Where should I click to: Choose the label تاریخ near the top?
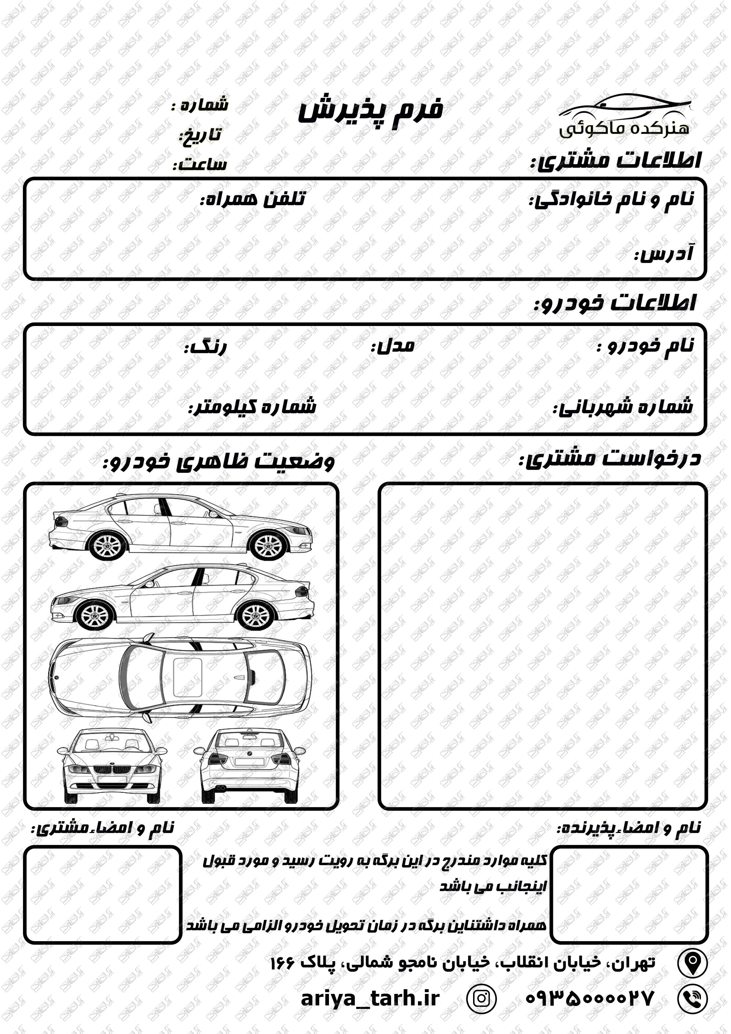pos(201,135)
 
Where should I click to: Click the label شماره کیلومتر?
pos(252,407)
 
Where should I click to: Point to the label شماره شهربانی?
pos(623,407)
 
